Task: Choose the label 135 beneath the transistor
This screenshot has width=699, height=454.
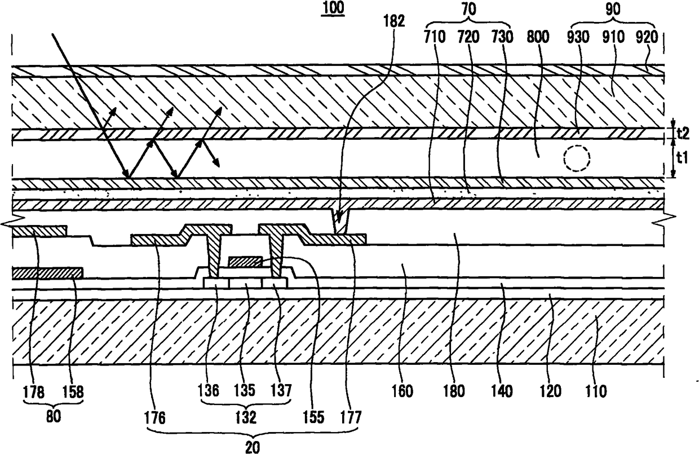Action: click(246, 390)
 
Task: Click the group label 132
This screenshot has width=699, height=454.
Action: click(246, 418)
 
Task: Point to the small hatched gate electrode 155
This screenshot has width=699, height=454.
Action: click(245, 261)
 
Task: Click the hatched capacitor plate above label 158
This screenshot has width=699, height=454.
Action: click(47, 273)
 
